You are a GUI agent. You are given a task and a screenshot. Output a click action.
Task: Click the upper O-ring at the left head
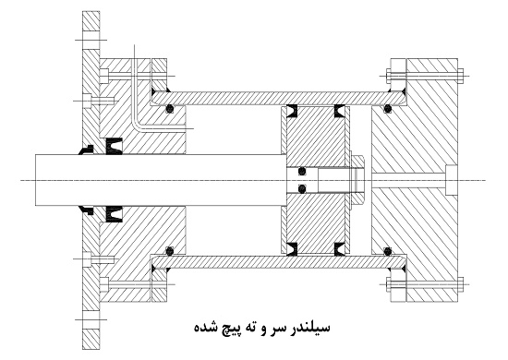[x=170, y=111]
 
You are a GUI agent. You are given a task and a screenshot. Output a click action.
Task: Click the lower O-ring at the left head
[x=170, y=250]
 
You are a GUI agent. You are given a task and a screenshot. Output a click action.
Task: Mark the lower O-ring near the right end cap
[x=387, y=250]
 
